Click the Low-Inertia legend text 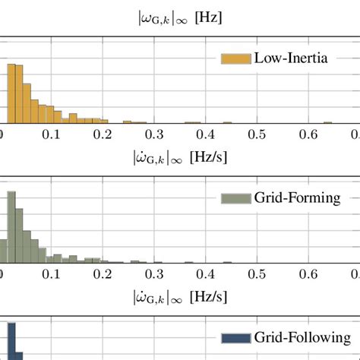click(x=292, y=58)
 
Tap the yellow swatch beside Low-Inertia click(x=235, y=59)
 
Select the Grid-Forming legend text click(x=292, y=197)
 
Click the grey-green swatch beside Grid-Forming click(x=235, y=198)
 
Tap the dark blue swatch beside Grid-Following click(x=235, y=337)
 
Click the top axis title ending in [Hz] click(x=179, y=17)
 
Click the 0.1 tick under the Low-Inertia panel click(x=52, y=134)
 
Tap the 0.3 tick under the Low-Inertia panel click(x=156, y=134)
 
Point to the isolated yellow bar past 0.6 click(x=327, y=122)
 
